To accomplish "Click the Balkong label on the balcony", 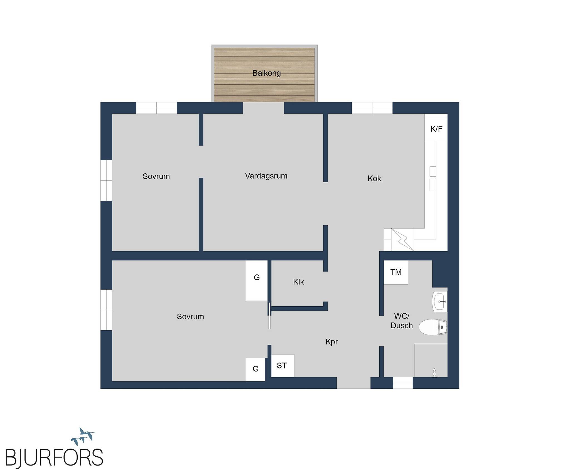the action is (266, 73).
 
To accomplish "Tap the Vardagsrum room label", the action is (266, 176).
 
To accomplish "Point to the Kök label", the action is (374, 178).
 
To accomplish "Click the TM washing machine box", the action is (396, 272).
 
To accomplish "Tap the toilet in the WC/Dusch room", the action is (433, 327).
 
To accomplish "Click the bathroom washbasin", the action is (440, 301).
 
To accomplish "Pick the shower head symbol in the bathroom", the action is (434, 373).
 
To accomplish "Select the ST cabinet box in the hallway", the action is (282, 366).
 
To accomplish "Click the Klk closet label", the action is (298, 282).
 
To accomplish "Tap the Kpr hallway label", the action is (331, 342).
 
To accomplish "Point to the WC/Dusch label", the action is (402, 321).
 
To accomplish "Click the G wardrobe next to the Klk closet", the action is (257, 280).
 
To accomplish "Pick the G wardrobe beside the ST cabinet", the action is (255, 369).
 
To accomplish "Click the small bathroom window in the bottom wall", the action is (403, 383).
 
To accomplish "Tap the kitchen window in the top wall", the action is (372, 108).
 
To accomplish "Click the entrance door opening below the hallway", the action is (353, 383).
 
